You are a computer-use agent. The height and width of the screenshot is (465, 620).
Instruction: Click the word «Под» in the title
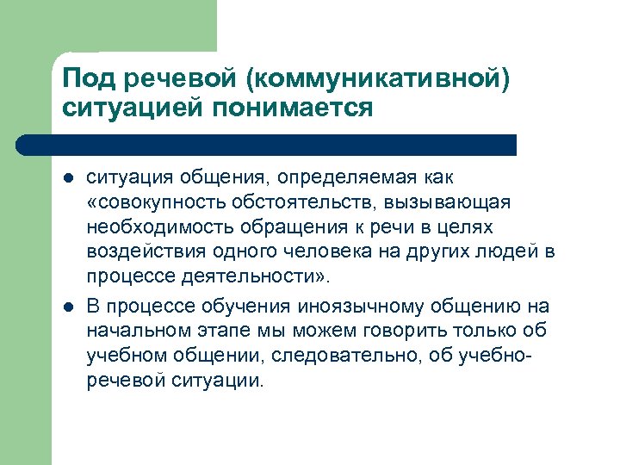(89, 79)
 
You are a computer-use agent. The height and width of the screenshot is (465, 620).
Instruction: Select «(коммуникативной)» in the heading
(377, 79)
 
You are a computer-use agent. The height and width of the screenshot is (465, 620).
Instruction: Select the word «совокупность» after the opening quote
(152, 201)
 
